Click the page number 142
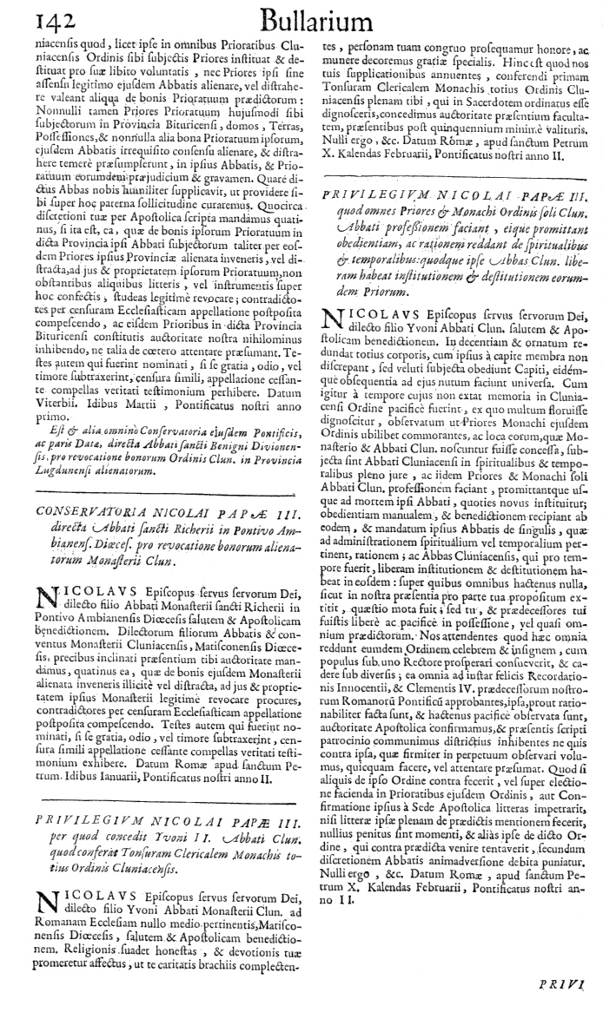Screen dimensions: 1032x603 point(33,16)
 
